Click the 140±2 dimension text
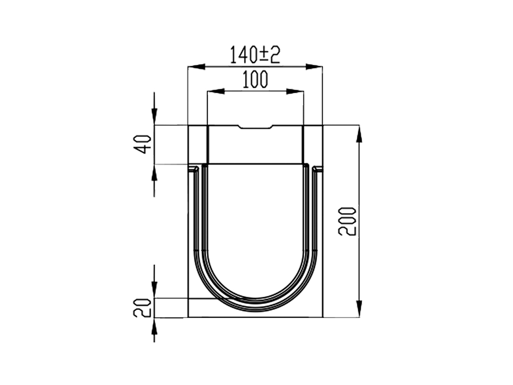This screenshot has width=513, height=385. pyautogui.click(x=254, y=54)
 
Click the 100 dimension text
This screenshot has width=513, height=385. pyautogui.click(x=255, y=80)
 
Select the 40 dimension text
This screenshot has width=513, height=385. pyautogui.click(x=144, y=144)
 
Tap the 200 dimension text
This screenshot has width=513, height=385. pyautogui.click(x=347, y=221)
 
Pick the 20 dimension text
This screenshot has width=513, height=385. pyautogui.click(x=143, y=308)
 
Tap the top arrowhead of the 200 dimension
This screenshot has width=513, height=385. pyautogui.click(x=359, y=133)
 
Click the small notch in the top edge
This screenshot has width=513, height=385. pyautogui.click(x=255, y=127)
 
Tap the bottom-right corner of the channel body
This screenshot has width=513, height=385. pyautogui.click(x=322, y=317)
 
